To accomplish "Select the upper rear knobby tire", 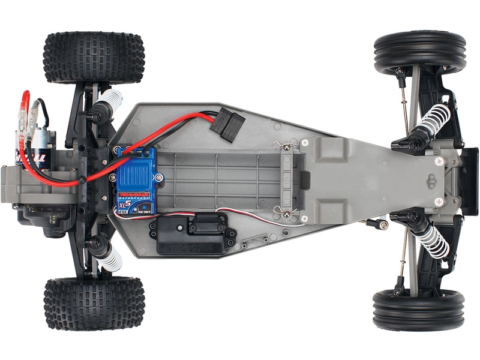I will click(x=95, y=57).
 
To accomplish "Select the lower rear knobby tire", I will click(x=94, y=303).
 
